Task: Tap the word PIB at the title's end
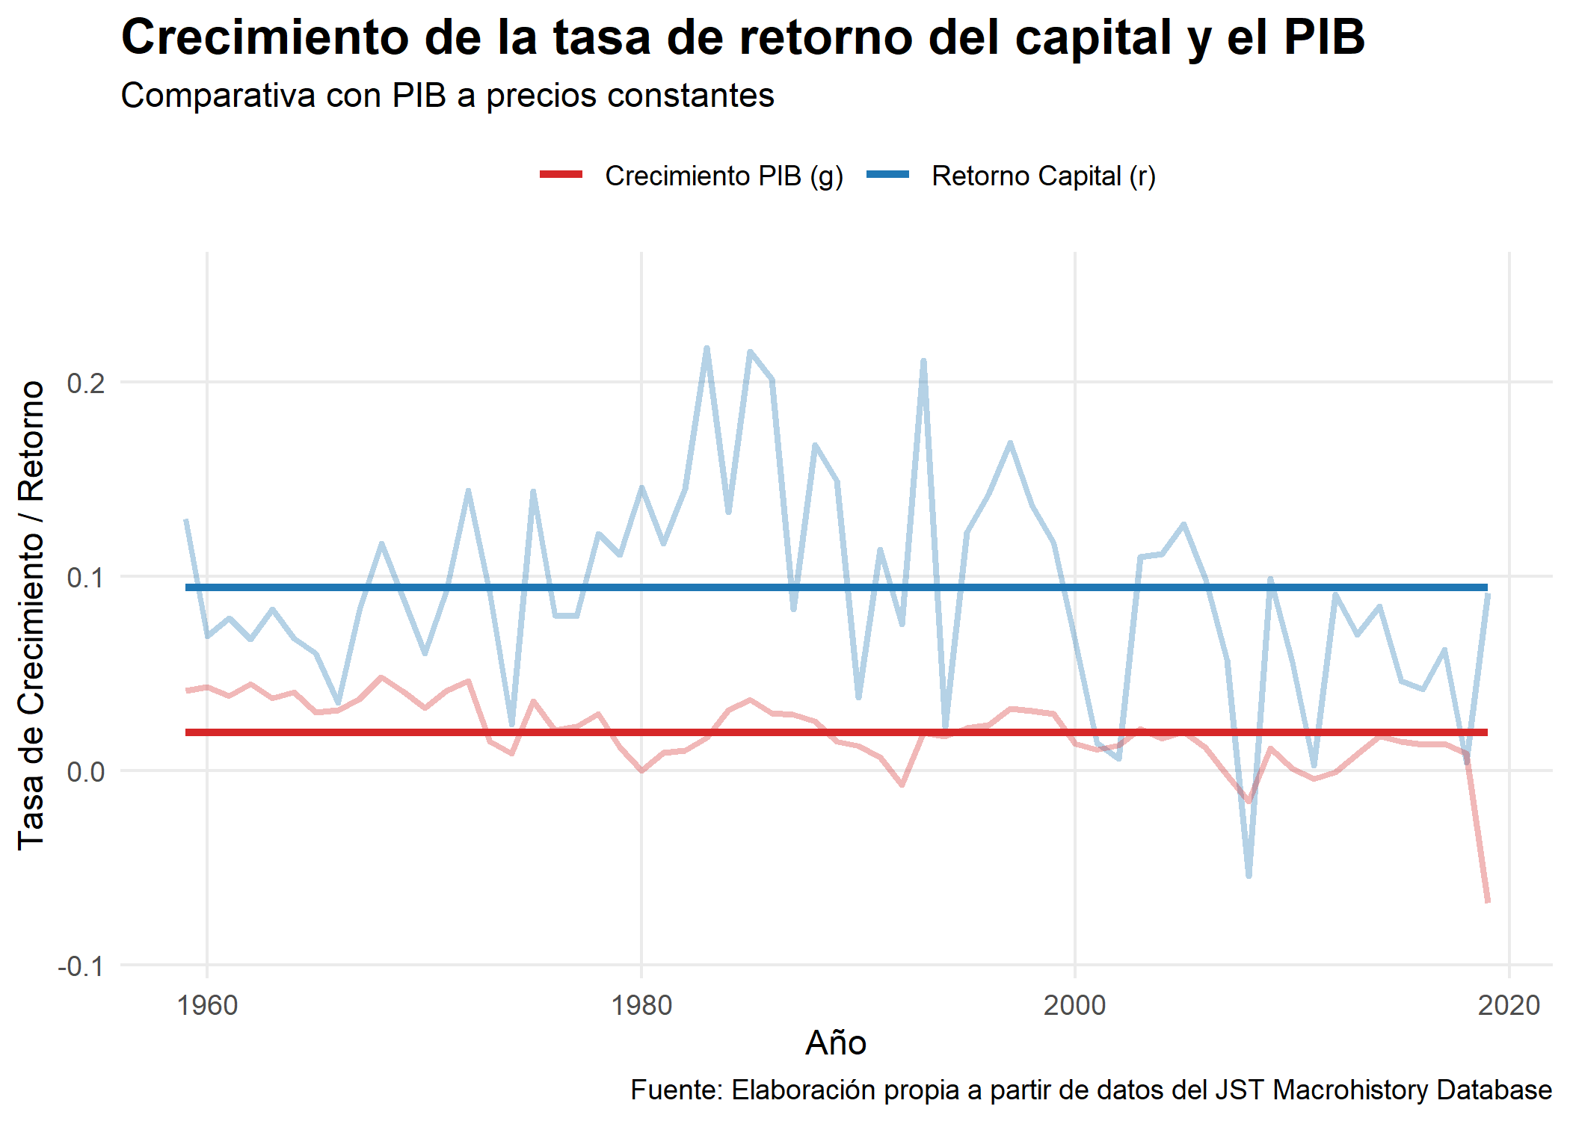point(1324,37)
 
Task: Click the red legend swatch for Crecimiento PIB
point(561,175)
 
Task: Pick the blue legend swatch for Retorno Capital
point(887,175)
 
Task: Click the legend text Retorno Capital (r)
point(1044,176)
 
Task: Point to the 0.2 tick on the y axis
point(85,383)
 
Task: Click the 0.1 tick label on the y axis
point(85,577)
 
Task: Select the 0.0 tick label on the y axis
point(85,771)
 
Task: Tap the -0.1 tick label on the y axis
point(81,966)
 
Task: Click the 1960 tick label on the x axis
point(207,1006)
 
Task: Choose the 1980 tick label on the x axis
point(641,1006)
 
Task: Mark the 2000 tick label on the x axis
point(1075,1006)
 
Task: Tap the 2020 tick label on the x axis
point(1509,1006)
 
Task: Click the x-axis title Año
point(836,1043)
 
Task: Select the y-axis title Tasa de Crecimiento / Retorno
point(31,614)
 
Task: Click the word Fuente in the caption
point(677,1090)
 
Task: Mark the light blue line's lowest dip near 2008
point(1249,875)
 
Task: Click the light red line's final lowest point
point(1487,901)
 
